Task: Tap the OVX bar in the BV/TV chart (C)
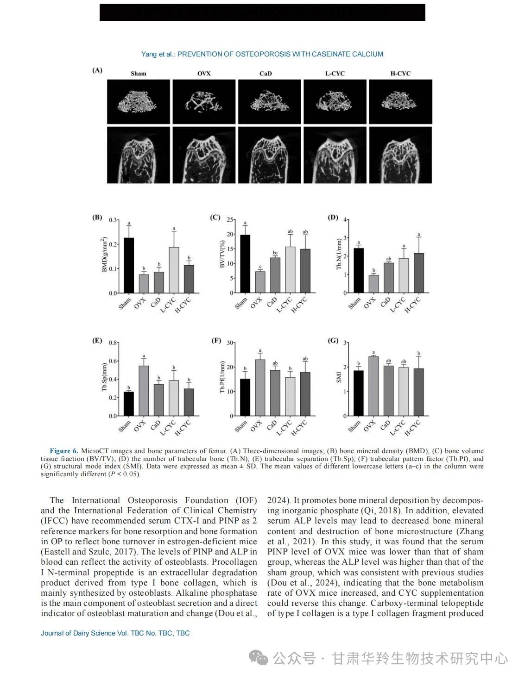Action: tap(260, 282)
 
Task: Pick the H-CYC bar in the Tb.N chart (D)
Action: tap(419, 273)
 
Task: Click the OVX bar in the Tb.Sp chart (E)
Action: tap(144, 391)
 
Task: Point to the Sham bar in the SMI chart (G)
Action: tap(358, 393)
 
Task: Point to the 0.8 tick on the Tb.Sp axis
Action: tap(113, 343)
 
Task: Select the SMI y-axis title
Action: tap(339, 377)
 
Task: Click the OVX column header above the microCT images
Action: tap(204, 74)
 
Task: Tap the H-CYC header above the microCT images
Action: tap(400, 74)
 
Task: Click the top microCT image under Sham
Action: tap(139, 101)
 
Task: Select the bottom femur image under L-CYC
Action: tap(335, 155)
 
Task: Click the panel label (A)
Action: tap(97, 70)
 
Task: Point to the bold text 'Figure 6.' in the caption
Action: tap(63, 451)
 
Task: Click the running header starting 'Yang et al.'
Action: tap(262, 54)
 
